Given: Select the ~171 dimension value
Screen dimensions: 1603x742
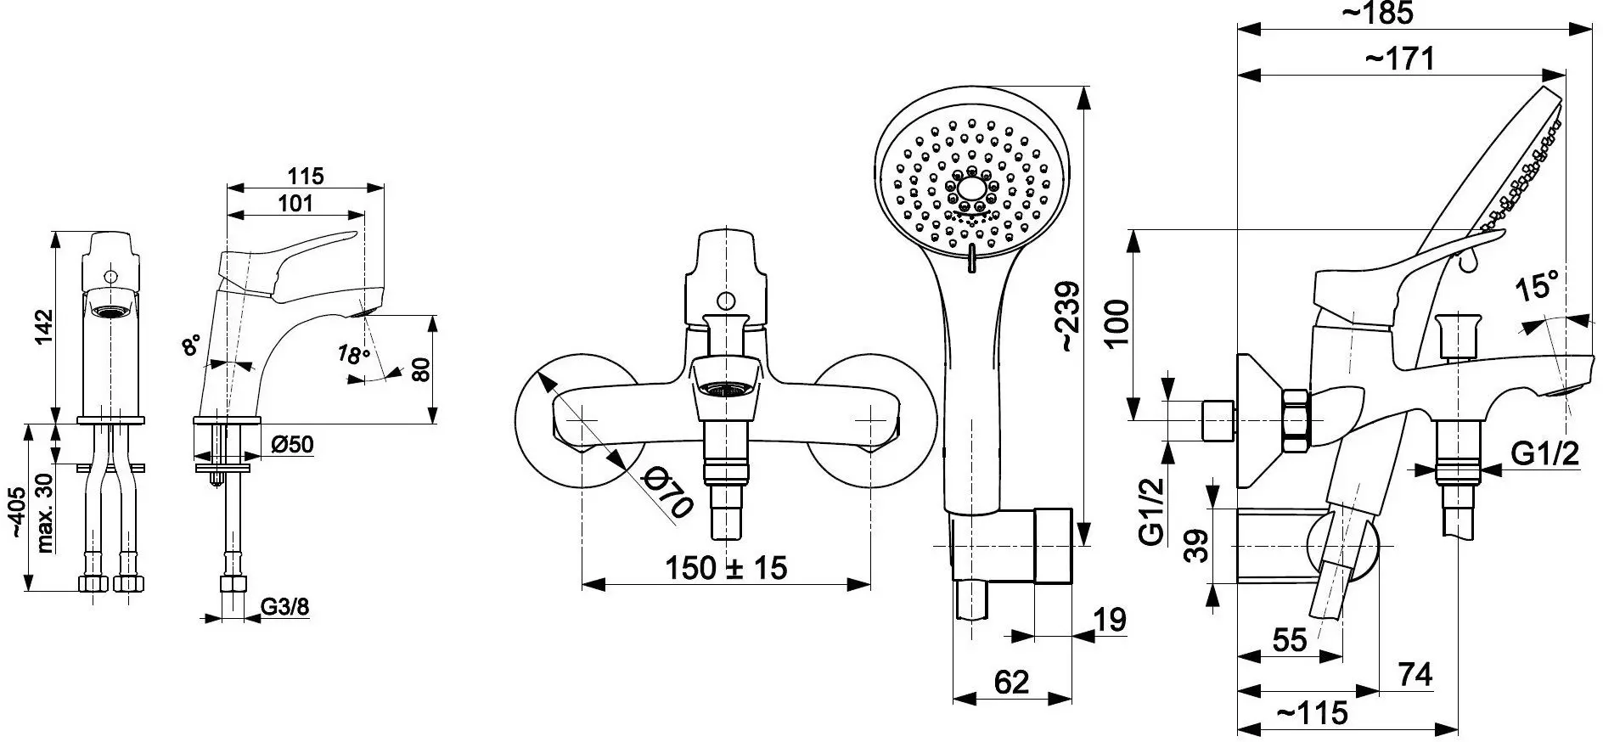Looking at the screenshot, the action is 1399,59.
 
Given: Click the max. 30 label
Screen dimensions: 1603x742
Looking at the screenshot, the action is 45,512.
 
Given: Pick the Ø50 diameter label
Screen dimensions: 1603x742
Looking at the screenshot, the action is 292,444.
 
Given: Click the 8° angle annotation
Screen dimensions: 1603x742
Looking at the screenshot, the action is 193,344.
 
